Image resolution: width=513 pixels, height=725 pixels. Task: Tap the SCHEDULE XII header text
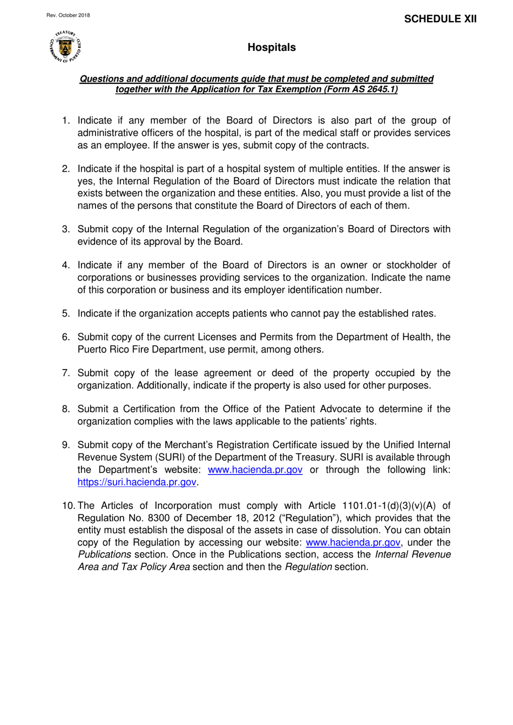point(440,19)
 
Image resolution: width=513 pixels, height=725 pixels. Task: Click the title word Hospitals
point(272,48)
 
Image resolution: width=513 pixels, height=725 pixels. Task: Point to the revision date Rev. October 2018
point(68,15)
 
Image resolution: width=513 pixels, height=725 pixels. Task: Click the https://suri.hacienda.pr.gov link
point(137,482)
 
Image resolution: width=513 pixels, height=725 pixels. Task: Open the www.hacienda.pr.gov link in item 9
point(255,469)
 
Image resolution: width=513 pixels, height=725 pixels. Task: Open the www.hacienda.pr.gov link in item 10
point(353,542)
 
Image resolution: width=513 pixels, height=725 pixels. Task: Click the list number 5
point(65,313)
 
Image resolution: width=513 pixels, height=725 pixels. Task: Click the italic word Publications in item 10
point(104,555)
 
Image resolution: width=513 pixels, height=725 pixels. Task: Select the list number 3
point(65,229)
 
